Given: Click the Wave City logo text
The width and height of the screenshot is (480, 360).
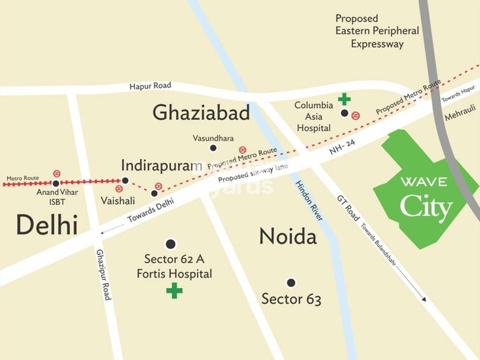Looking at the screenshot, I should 426,198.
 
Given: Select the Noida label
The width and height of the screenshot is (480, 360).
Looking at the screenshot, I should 287,238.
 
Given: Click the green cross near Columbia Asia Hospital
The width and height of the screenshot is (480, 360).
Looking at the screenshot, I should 344,99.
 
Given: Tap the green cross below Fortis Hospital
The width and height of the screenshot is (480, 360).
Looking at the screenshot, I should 174,291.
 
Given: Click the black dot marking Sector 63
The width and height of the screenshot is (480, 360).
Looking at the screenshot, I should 291,282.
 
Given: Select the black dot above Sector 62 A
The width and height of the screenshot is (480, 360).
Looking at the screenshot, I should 170,244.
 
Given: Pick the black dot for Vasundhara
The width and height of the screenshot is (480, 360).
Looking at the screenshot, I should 213,148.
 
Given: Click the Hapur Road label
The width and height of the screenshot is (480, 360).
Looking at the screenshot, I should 150,86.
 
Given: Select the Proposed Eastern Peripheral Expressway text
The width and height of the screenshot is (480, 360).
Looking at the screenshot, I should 377,31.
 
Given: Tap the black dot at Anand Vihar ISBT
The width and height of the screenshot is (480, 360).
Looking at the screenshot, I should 56,183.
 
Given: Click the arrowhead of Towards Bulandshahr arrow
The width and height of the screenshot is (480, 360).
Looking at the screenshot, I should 424,297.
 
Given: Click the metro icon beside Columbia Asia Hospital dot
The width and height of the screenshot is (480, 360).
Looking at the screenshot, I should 356,115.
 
